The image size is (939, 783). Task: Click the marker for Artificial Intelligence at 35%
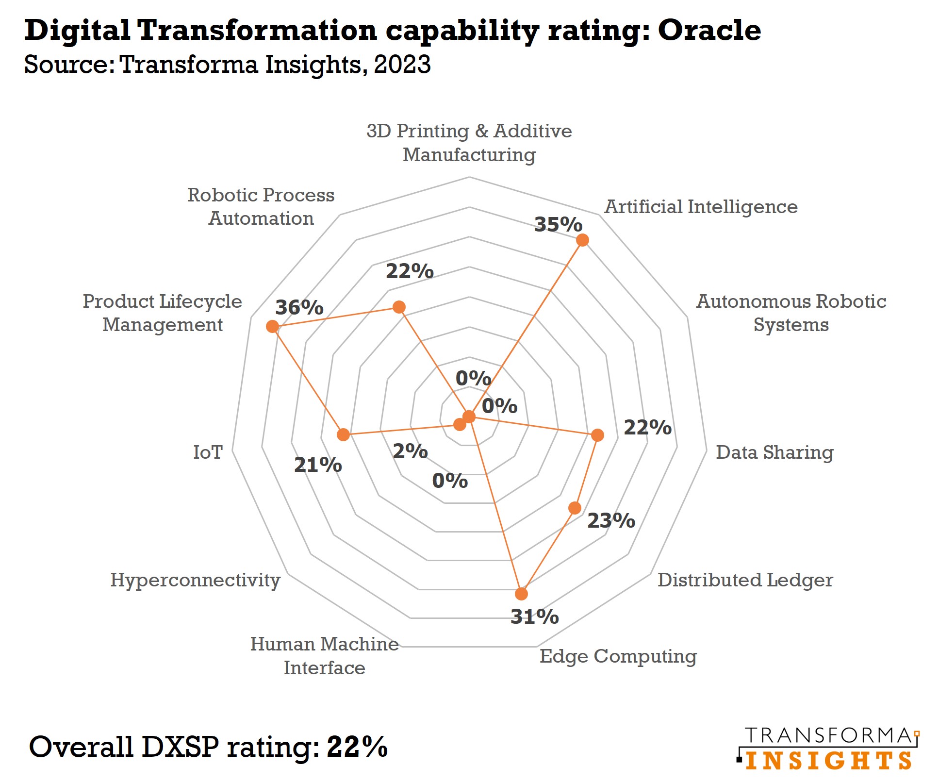tap(582, 240)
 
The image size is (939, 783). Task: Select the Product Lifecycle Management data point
tap(272, 326)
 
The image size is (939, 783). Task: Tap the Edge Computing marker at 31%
tap(521, 594)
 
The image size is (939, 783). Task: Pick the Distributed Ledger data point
tap(575, 508)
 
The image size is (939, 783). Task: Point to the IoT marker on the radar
tap(343, 434)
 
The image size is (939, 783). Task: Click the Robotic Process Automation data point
tap(399, 307)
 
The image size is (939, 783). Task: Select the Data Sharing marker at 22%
tap(598, 435)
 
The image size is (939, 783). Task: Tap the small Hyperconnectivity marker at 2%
tap(460, 425)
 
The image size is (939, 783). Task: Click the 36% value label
tap(299, 307)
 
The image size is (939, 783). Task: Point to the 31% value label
tap(534, 616)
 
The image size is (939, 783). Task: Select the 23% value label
tap(611, 520)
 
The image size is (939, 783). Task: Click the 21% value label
tap(318, 465)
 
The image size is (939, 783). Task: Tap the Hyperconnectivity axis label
tap(195, 580)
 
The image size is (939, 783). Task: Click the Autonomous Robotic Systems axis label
tap(791, 313)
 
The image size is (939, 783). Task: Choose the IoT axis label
tap(208, 452)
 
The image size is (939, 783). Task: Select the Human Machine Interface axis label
tap(324, 655)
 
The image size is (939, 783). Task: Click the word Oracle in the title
tap(709, 30)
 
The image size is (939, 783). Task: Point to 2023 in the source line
tap(402, 64)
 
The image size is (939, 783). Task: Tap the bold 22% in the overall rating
tap(357, 746)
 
